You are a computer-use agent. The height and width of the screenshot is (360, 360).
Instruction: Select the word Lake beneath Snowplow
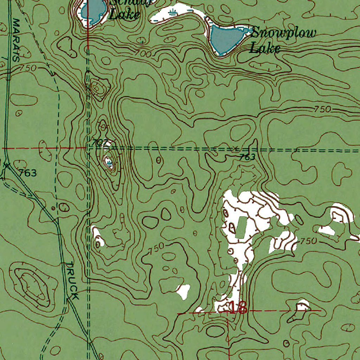click(x=264, y=48)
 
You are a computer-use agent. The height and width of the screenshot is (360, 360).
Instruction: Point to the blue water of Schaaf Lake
click(x=93, y=11)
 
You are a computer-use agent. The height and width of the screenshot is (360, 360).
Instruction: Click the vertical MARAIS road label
click(x=16, y=40)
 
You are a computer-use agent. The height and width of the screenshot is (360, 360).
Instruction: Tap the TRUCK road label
click(x=72, y=281)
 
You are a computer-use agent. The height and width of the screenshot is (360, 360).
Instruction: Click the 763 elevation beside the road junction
click(x=28, y=173)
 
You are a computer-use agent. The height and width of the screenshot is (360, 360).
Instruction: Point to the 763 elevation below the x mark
click(x=247, y=157)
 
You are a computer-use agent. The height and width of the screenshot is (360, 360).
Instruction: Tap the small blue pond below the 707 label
click(x=109, y=162)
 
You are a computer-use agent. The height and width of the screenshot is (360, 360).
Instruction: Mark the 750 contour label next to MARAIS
click(x=28, y=68)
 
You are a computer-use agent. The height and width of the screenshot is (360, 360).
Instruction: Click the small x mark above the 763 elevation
click(x=236, y=147)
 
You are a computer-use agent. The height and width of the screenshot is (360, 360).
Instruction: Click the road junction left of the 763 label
click(x=6, y=165)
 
